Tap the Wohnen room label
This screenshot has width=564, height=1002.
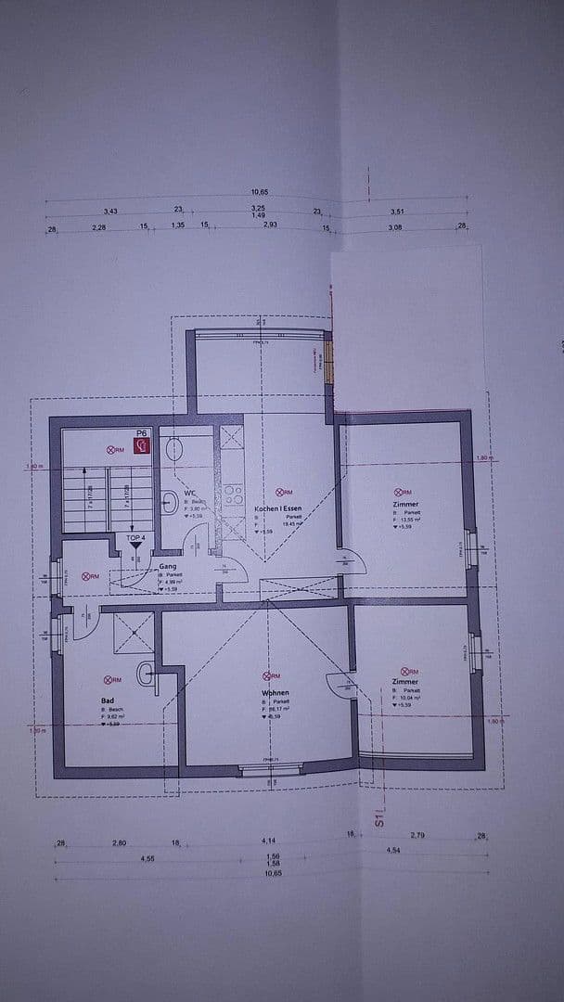pos(276,693)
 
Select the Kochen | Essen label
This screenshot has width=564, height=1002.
pos(278,508)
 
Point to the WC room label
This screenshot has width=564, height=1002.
pos(189,493)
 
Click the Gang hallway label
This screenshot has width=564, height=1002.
pos(168,565)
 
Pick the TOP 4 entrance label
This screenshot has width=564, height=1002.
pos(136,537)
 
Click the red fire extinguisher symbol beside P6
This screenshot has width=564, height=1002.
pos(142,444)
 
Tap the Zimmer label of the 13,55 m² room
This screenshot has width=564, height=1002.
pos(405,505)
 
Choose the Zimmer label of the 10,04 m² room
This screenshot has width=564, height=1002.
pos(405,682)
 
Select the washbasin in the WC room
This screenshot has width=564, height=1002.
pos(169,504)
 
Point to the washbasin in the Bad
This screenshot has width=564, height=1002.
pos(146,674)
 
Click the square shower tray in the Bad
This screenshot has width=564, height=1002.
pos(134,632)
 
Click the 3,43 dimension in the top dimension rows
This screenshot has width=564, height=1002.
pos(110,212)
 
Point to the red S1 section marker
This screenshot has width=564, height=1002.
pos(378,818)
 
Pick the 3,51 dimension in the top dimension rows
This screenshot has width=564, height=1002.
pos(397,212)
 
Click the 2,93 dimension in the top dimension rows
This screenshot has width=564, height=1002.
pos(270,225)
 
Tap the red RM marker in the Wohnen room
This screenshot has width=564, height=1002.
pos(271,677)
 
